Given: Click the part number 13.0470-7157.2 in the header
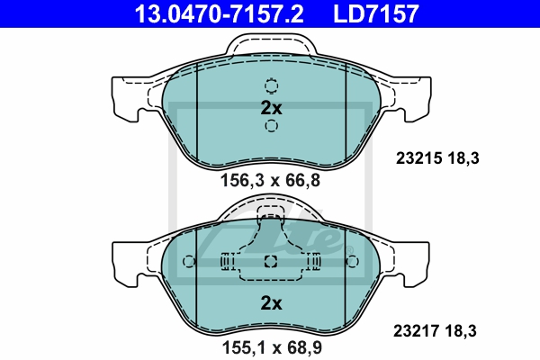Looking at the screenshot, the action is [219, 13].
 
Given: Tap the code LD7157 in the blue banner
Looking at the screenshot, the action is [376, 13].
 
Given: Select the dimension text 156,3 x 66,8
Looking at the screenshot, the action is [270, 180].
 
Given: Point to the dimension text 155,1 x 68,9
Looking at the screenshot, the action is [272, 347].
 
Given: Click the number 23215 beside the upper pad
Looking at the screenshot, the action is [418, 158].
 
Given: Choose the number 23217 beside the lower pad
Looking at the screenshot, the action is [417, 331].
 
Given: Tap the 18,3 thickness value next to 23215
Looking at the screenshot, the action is [463, 158].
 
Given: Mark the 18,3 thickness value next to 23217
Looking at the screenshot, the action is [461, 331].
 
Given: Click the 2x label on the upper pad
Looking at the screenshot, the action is [272, 108].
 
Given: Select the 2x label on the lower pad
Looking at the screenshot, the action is [272, 303].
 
